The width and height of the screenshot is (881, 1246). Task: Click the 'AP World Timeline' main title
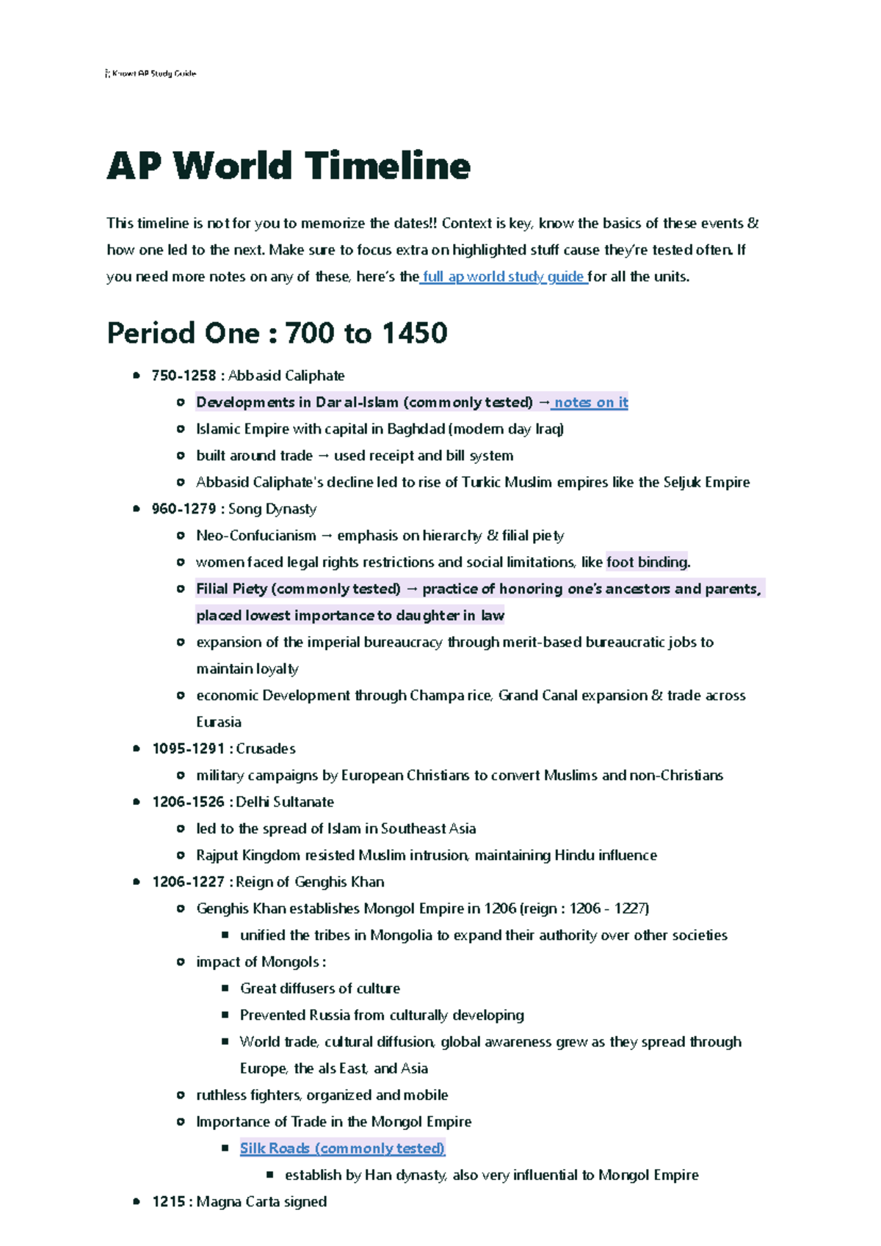(289, 166)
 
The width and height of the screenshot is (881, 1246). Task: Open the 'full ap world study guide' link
(504, 277)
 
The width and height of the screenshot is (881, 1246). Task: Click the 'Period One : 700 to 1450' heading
(277, 333)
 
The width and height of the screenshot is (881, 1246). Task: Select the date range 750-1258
(184, 376)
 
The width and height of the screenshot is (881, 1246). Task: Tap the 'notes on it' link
(590, 402)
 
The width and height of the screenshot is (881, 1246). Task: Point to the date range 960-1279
(184, 509)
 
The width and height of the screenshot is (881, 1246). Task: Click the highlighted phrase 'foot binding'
(647, 563)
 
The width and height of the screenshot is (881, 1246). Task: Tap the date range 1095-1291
(188, 749)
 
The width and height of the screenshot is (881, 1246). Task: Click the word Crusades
(266, 749)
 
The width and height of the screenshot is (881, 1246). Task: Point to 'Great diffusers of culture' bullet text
(320, 988)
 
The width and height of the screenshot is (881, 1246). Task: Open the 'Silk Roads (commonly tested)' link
(342, 1148)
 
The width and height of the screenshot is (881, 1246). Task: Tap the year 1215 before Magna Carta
(168, 1202)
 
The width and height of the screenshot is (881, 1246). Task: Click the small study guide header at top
(151, 73)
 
